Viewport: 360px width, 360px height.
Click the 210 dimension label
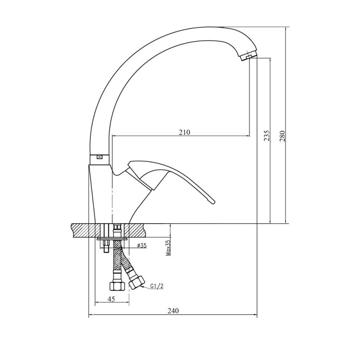point(184,132)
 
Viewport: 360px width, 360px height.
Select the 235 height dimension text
point(266,135)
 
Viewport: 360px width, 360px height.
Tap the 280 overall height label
point(282,136)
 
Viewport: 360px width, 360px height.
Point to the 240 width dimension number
point(173,310)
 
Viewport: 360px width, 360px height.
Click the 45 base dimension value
point(111,299)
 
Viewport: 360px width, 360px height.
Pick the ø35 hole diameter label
point(142,245)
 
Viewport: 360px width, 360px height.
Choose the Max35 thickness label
point(168,248)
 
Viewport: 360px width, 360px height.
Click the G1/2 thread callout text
point(157,286)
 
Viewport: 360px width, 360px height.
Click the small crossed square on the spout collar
point(99,157)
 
